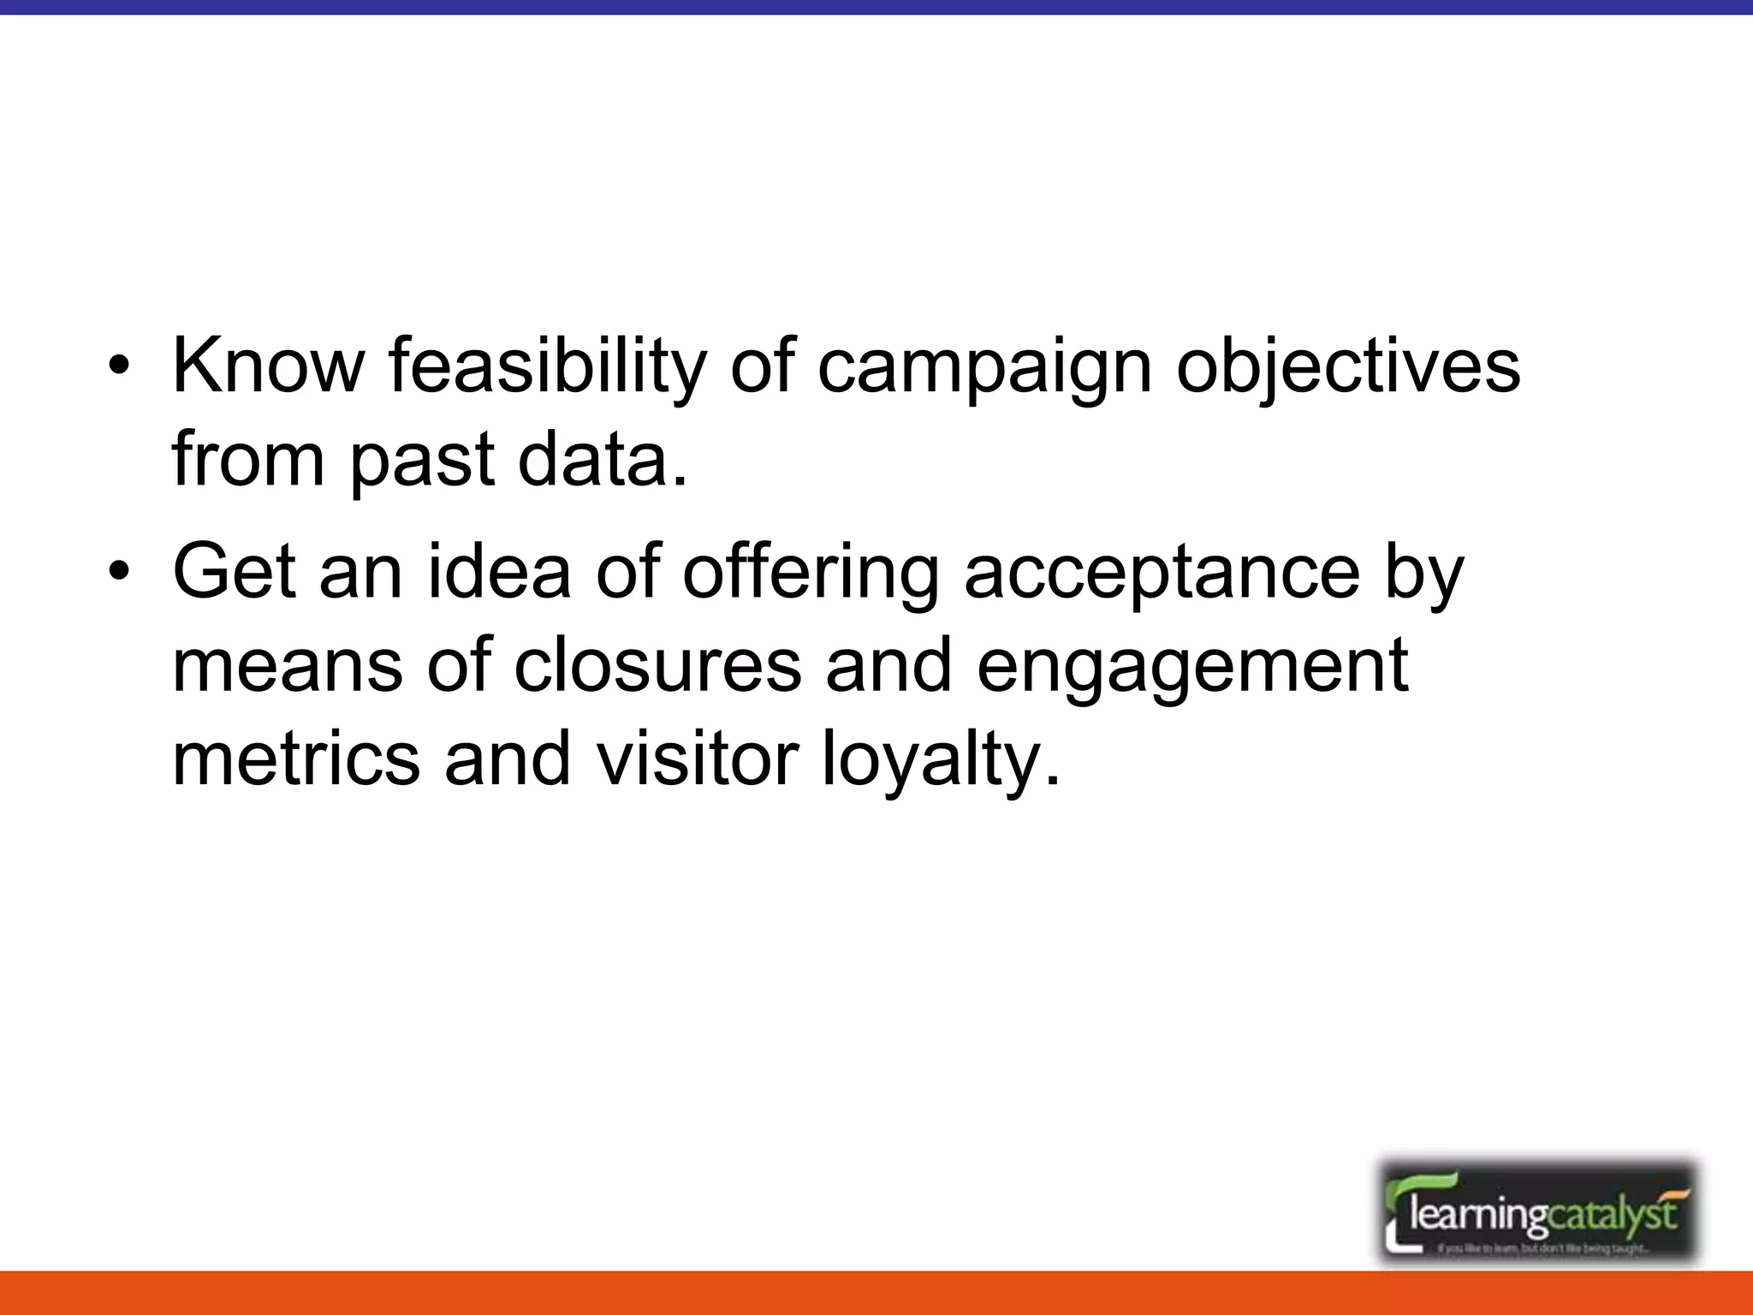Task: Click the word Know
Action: (x=268, y=366)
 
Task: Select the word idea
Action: (x=498, y=571)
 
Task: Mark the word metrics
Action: (x=296, y=759)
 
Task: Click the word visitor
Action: (x=697, y=759)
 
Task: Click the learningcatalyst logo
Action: (x=1538, y=1211)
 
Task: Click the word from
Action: (x=248, y=460)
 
